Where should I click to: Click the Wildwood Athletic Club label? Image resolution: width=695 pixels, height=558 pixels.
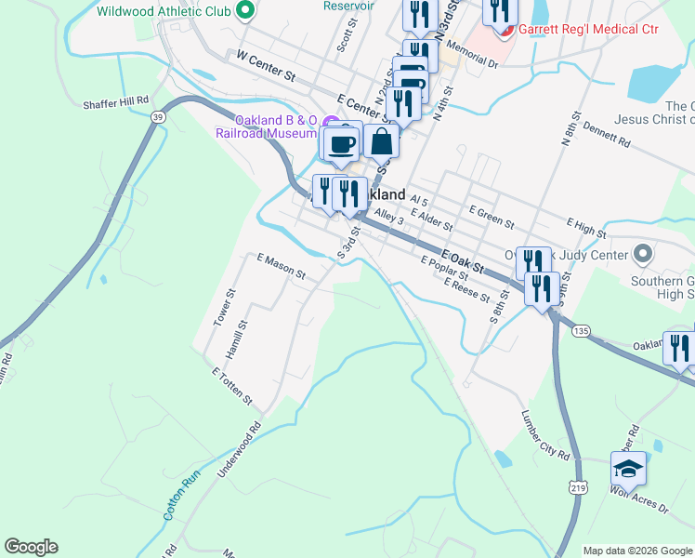(x=163, y=12)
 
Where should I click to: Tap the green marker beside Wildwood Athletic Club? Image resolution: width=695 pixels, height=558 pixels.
(x=246, y=12)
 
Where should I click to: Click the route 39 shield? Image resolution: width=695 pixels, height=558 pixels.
(x=159, y=116)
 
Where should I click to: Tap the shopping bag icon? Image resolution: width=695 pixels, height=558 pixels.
(x=382, y=142)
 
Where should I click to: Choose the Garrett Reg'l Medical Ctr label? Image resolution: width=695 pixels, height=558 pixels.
(x=588, y=29)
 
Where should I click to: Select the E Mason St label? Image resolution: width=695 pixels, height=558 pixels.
(x=281, y=267)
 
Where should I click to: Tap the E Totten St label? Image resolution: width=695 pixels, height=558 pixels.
(x=232, y=386)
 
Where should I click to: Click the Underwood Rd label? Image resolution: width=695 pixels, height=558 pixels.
(x=240, y=453)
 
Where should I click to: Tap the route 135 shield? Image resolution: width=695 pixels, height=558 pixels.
(x=582, y=330)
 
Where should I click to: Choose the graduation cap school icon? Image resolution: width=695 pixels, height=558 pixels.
(x=629, y=468)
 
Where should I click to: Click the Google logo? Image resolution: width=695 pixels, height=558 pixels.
(x=31, y=547)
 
